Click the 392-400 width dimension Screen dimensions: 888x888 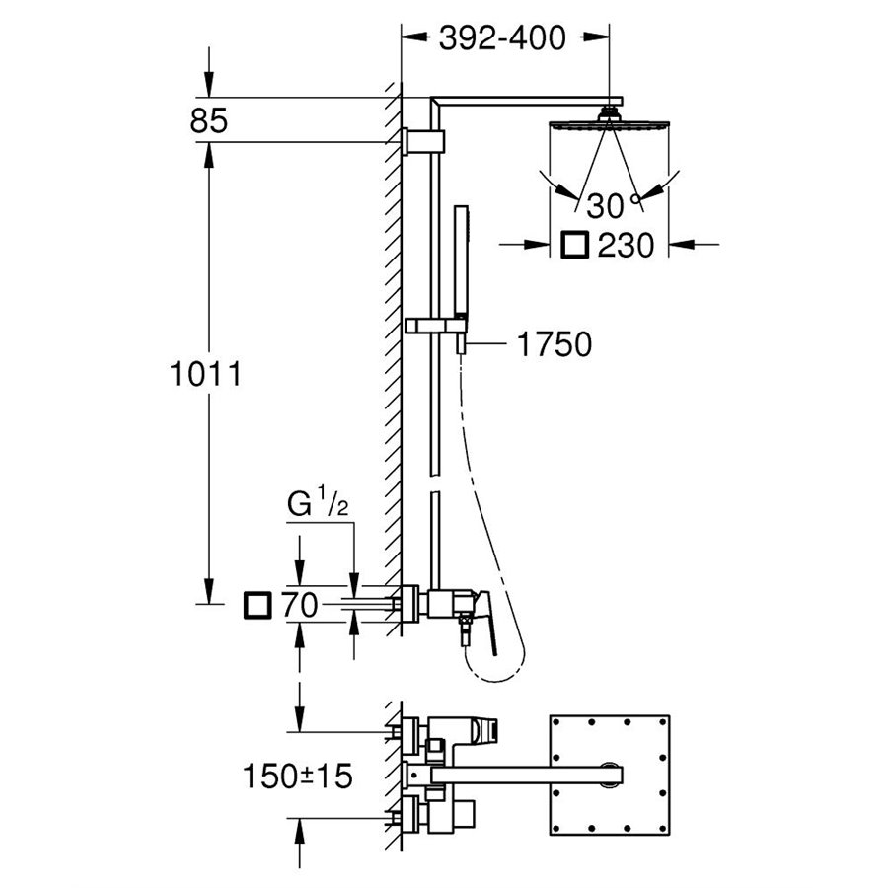(502, 38)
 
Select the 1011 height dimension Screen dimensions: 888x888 (205, 376)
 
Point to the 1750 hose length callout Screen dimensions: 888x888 (553, 344)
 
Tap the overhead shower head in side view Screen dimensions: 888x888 (608, 125)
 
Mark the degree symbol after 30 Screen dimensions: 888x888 (638, 201)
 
